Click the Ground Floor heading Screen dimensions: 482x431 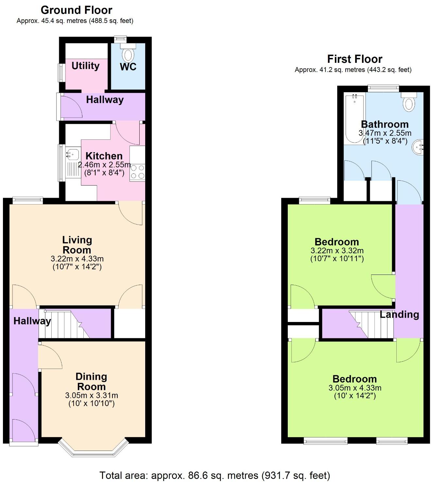tap(76, 10)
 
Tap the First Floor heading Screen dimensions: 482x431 tap(354, 59)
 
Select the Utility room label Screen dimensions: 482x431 tap(85, 66)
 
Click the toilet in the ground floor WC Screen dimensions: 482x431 tap(128, 52)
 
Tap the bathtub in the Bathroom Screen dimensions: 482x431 tap(354, 118)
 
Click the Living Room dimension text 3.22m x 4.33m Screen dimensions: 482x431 tap(77, 259)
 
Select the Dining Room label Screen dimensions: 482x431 tap(91, 382)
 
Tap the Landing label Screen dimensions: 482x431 tap(399, 314)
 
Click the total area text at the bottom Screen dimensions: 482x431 tap(215, 475)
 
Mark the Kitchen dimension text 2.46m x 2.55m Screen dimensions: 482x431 tap(104, 165)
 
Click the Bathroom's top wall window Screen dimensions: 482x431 tap(383, 88)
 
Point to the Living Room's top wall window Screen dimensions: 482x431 tap(27, 200)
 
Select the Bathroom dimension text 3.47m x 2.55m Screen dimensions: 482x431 tap(385, 133)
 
